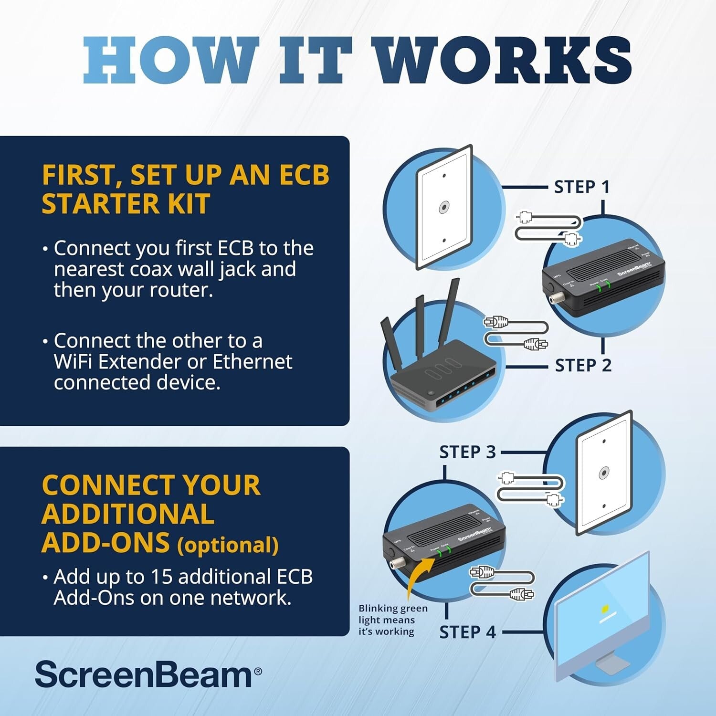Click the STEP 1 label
coord(581,187)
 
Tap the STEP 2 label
coord(583,366)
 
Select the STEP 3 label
coord(467,452)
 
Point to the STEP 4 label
coord(467,632)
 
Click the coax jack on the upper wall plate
coord(444,208)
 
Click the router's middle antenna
coord(419,325)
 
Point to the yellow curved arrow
coord(418,578)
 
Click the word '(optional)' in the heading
coord(228,545)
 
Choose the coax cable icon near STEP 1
coord(549,228)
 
